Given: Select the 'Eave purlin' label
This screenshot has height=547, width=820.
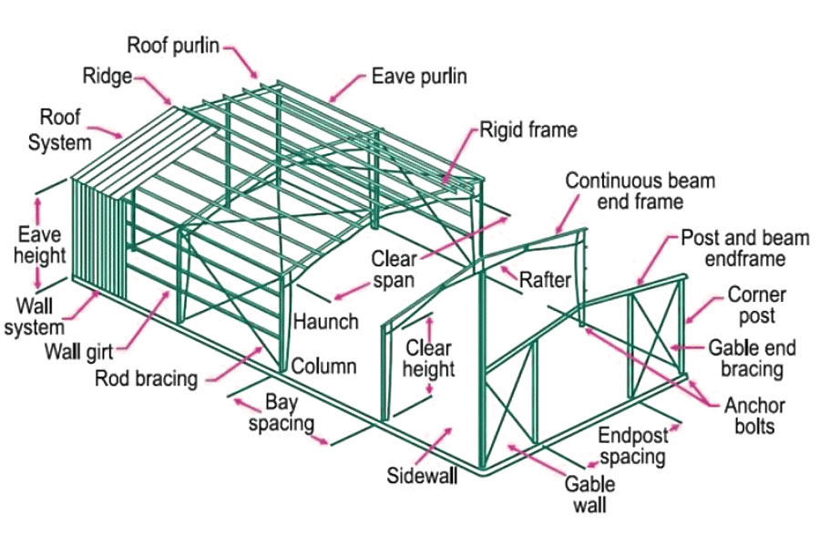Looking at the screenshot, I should (418, 77).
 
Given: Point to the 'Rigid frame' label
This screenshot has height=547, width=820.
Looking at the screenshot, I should (528, 129).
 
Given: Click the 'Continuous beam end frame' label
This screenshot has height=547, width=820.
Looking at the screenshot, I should (640, 190).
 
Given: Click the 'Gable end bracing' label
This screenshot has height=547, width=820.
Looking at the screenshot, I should (752, 358).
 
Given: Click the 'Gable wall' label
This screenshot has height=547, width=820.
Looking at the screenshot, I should (589, 493).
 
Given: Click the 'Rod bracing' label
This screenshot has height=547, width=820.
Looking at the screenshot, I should (146, 377).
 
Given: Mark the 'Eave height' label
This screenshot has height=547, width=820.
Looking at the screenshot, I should (37, 244).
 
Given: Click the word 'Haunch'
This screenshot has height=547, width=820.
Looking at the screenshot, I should (325, 323).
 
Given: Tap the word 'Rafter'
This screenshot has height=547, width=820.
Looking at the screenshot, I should (544, 280).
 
